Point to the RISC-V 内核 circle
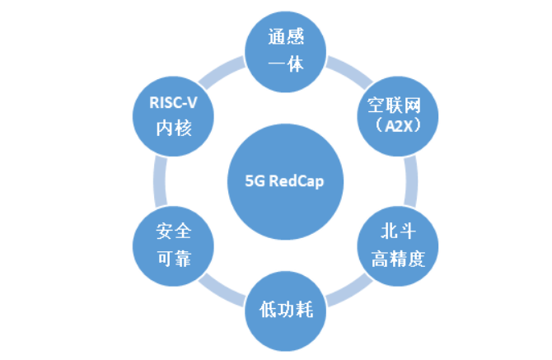(x=174, y=116)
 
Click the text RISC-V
(x=174, y=104)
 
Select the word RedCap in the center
(x=288, y=182)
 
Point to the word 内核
(x=174, y=129)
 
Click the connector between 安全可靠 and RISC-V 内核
(x=158, y=181)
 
